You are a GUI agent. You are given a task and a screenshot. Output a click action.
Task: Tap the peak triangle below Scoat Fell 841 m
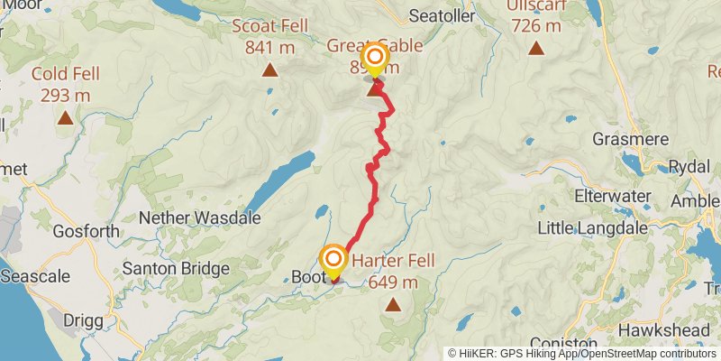269,69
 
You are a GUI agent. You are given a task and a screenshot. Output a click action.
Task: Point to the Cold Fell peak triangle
65,117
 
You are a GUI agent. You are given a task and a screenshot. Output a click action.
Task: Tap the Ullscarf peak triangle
536,48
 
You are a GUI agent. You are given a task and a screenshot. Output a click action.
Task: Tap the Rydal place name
691,166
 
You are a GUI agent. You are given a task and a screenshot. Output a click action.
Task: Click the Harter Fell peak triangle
392,306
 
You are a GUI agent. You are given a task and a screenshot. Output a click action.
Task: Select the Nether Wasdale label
200,218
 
